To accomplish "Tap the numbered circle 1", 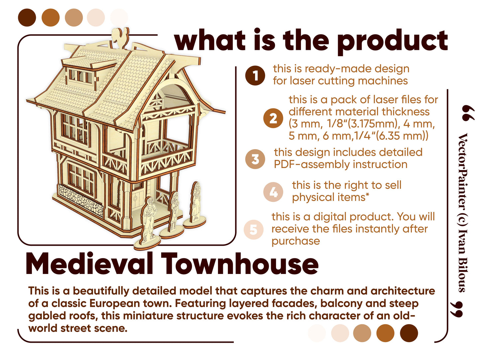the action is [x=255, y=75].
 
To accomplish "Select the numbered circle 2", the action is [x=273, y=118].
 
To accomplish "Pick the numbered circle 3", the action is [x=255, y=159].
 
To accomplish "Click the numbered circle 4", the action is [x=273, y=192].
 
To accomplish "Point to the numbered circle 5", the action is [x=253, y=229].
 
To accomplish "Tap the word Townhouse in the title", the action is [x=240, y=264].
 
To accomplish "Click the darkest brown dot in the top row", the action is [x=27, y=18].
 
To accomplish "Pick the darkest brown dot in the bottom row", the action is [x=409, y=333].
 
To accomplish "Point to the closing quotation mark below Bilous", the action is [x=457, y=309].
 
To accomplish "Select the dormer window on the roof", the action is [x=80, y=76].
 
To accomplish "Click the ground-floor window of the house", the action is [x=82, y=179].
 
